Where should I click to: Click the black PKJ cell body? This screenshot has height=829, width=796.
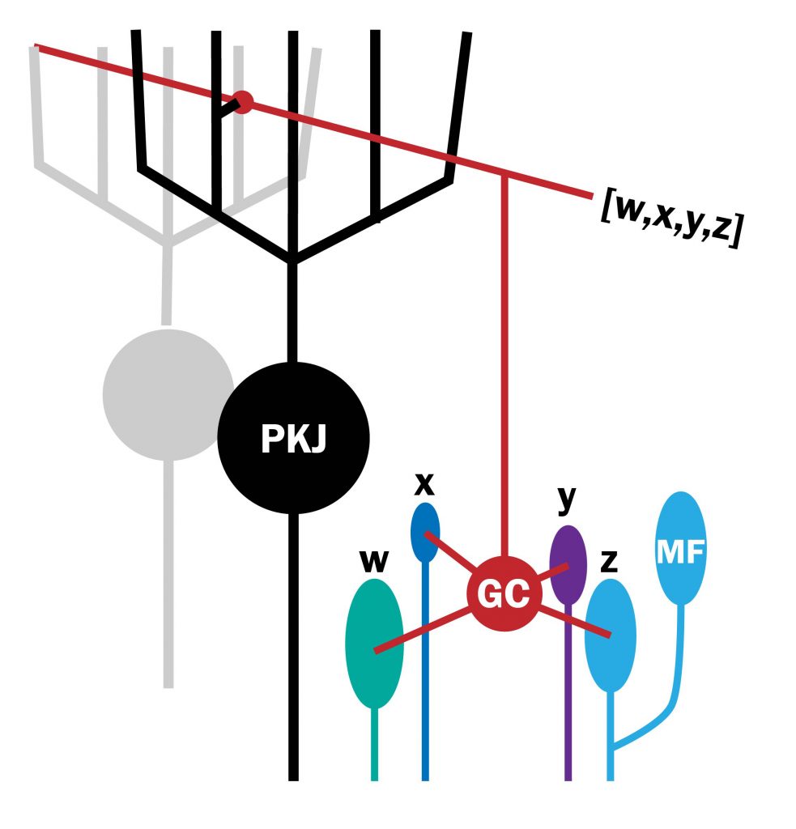click(293, 437)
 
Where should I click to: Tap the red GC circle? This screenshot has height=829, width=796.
click(503, 595)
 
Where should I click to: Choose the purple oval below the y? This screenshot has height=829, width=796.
click(568, 564)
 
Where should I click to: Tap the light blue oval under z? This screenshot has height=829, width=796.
click(611, 635)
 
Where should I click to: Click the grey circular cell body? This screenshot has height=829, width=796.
click(168, 394)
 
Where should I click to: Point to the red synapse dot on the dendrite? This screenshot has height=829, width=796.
click(241, 102)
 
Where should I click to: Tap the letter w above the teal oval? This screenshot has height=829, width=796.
click(373, 562)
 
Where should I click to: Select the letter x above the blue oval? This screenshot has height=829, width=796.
click(424, 484)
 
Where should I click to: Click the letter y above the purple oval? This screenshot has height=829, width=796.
click(566, 500)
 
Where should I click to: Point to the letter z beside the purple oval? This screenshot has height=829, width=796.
click(609, 562)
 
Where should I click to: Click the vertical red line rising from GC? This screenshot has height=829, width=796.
click(504, 364)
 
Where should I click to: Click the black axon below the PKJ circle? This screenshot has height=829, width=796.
click(293, 648)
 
